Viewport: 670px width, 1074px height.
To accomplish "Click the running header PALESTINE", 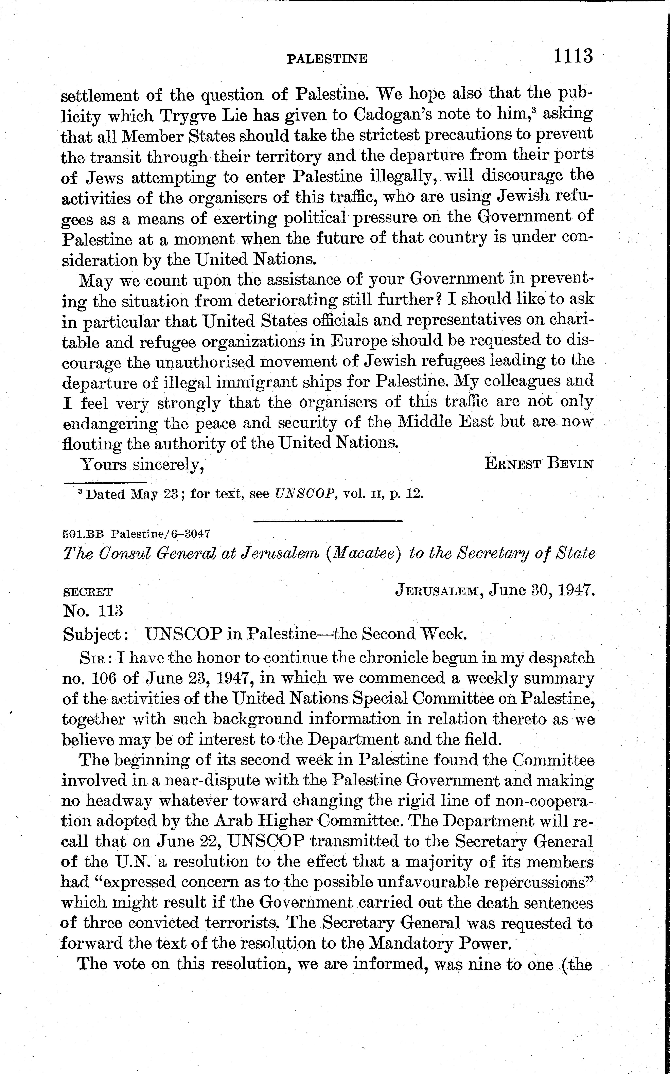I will (327, 58).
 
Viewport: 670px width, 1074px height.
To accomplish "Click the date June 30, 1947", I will (541, 590).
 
